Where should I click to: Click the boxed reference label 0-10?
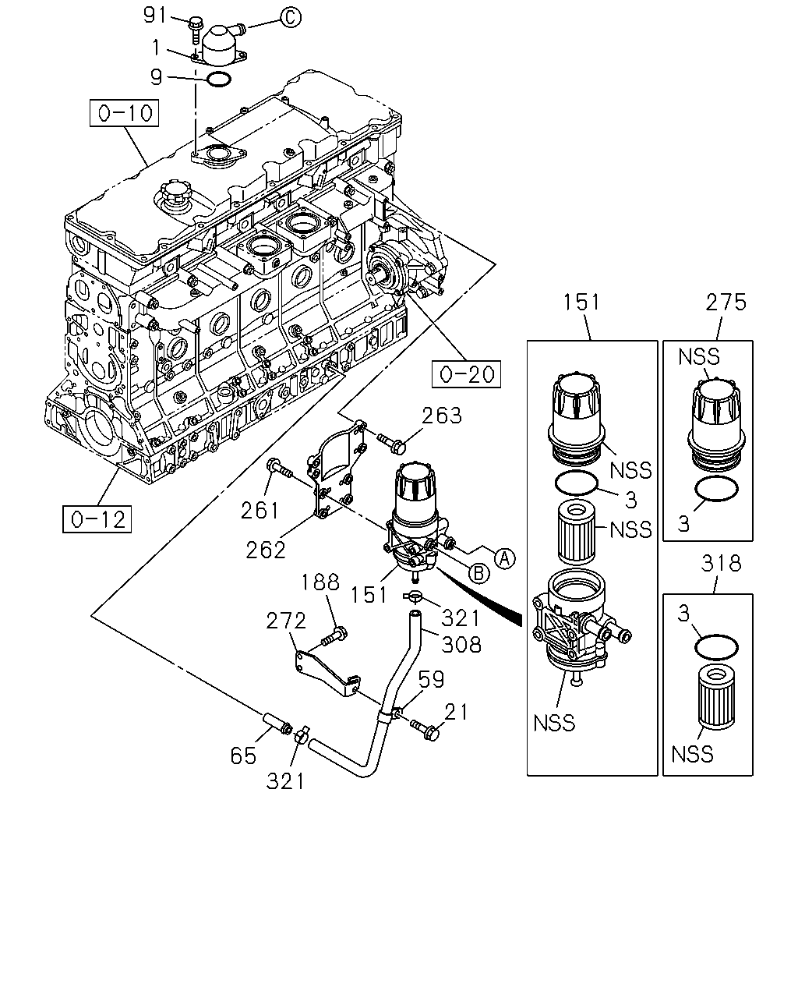tap(124, 113)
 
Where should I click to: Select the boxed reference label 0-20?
tap(466, 373)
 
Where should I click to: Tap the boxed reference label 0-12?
tap(97, 519)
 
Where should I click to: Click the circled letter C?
tap(290, 18)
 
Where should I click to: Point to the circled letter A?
tap(505, 558)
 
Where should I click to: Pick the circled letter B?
tap(479, 573)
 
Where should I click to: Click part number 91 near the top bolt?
tap(155, 16)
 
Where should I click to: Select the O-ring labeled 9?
tap(219, 80)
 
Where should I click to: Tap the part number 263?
tap(441, 416)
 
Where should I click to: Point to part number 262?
tap(266, 550)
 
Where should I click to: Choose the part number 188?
tap(320, 582)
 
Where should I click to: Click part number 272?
tap(286, 621)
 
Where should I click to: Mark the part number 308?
tap(461, 645)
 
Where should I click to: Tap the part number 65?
tap(243, 756)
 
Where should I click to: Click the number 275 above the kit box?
tap(726, 303)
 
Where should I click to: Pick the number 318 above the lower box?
tap(722, 564)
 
